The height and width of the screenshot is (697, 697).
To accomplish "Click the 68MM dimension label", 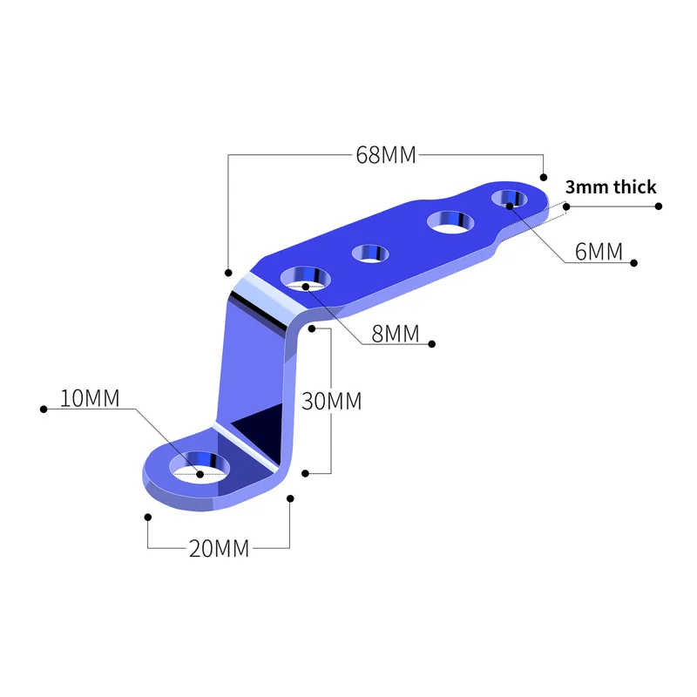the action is point(386,156).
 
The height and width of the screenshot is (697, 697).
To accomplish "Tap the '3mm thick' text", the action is point(611,187).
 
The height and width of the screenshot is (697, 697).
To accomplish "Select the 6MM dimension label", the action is point(599,253).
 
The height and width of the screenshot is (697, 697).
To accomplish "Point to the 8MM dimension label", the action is point(395,334).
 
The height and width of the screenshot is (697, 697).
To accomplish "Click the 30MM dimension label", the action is point(331,402).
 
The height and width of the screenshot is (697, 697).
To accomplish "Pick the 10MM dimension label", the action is point(90,397).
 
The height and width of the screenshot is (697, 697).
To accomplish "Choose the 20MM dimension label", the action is point(219,549).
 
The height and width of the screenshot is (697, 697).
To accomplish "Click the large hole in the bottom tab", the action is point(200,466).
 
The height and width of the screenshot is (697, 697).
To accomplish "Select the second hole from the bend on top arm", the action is point(370,254).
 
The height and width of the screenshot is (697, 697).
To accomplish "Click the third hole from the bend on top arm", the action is point(449,221).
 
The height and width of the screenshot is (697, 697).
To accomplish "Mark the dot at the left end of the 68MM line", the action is point(228,273).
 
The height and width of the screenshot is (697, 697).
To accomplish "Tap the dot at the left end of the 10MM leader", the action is point(43,408).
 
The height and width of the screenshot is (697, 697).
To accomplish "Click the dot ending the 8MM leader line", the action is point(432,344).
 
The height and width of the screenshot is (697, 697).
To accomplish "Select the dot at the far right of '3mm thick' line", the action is point(659,206).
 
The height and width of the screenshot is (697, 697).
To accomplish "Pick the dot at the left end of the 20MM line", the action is point(148,517).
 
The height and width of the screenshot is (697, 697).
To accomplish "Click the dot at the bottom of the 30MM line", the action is point(305,473).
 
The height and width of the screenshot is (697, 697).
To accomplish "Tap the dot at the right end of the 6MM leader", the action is point(635,262).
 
